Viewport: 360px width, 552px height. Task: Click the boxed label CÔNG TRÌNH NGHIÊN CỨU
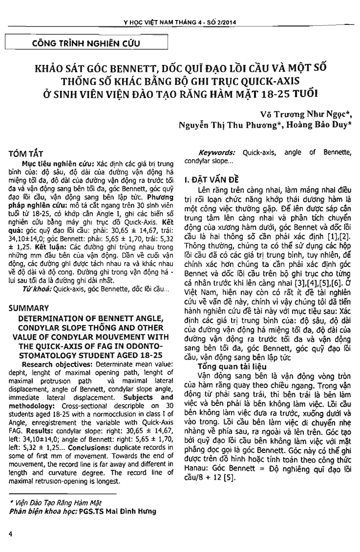86,43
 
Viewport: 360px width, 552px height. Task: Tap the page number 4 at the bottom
10,534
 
